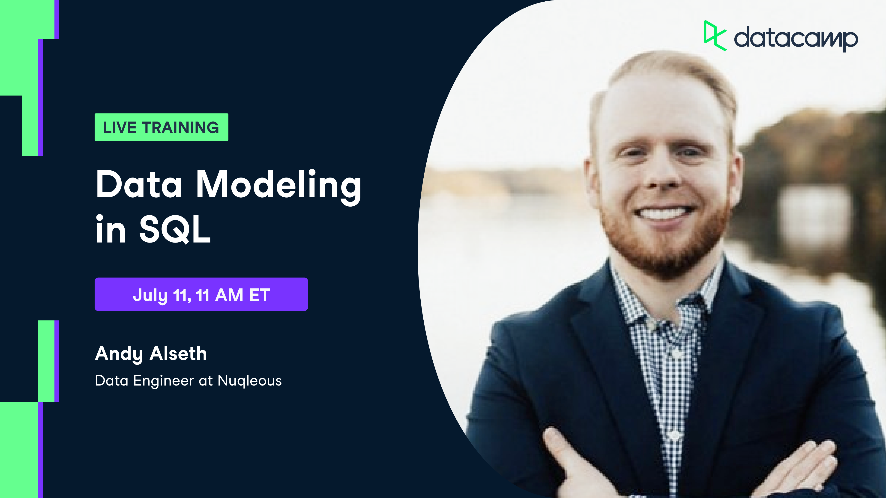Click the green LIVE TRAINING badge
coord(161,127)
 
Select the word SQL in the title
coord(175,230)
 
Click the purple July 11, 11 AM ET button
coord(201,295)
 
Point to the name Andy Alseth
coord(151,354)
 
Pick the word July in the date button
coord(150,295)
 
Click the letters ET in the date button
coord(260,295)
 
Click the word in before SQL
coord(111,230)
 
